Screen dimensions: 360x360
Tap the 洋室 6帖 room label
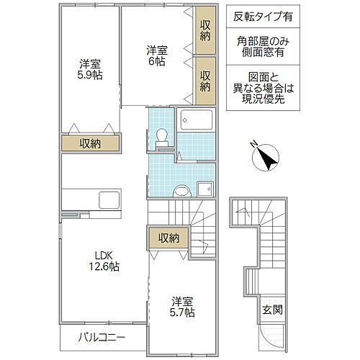point(158,56)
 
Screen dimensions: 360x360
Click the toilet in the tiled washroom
point(162,136)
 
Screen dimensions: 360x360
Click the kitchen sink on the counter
point(109,198)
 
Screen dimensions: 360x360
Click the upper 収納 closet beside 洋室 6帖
point(205,29)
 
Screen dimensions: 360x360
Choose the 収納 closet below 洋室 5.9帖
point(90,143)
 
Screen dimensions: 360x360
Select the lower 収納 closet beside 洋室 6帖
point(205,80)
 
